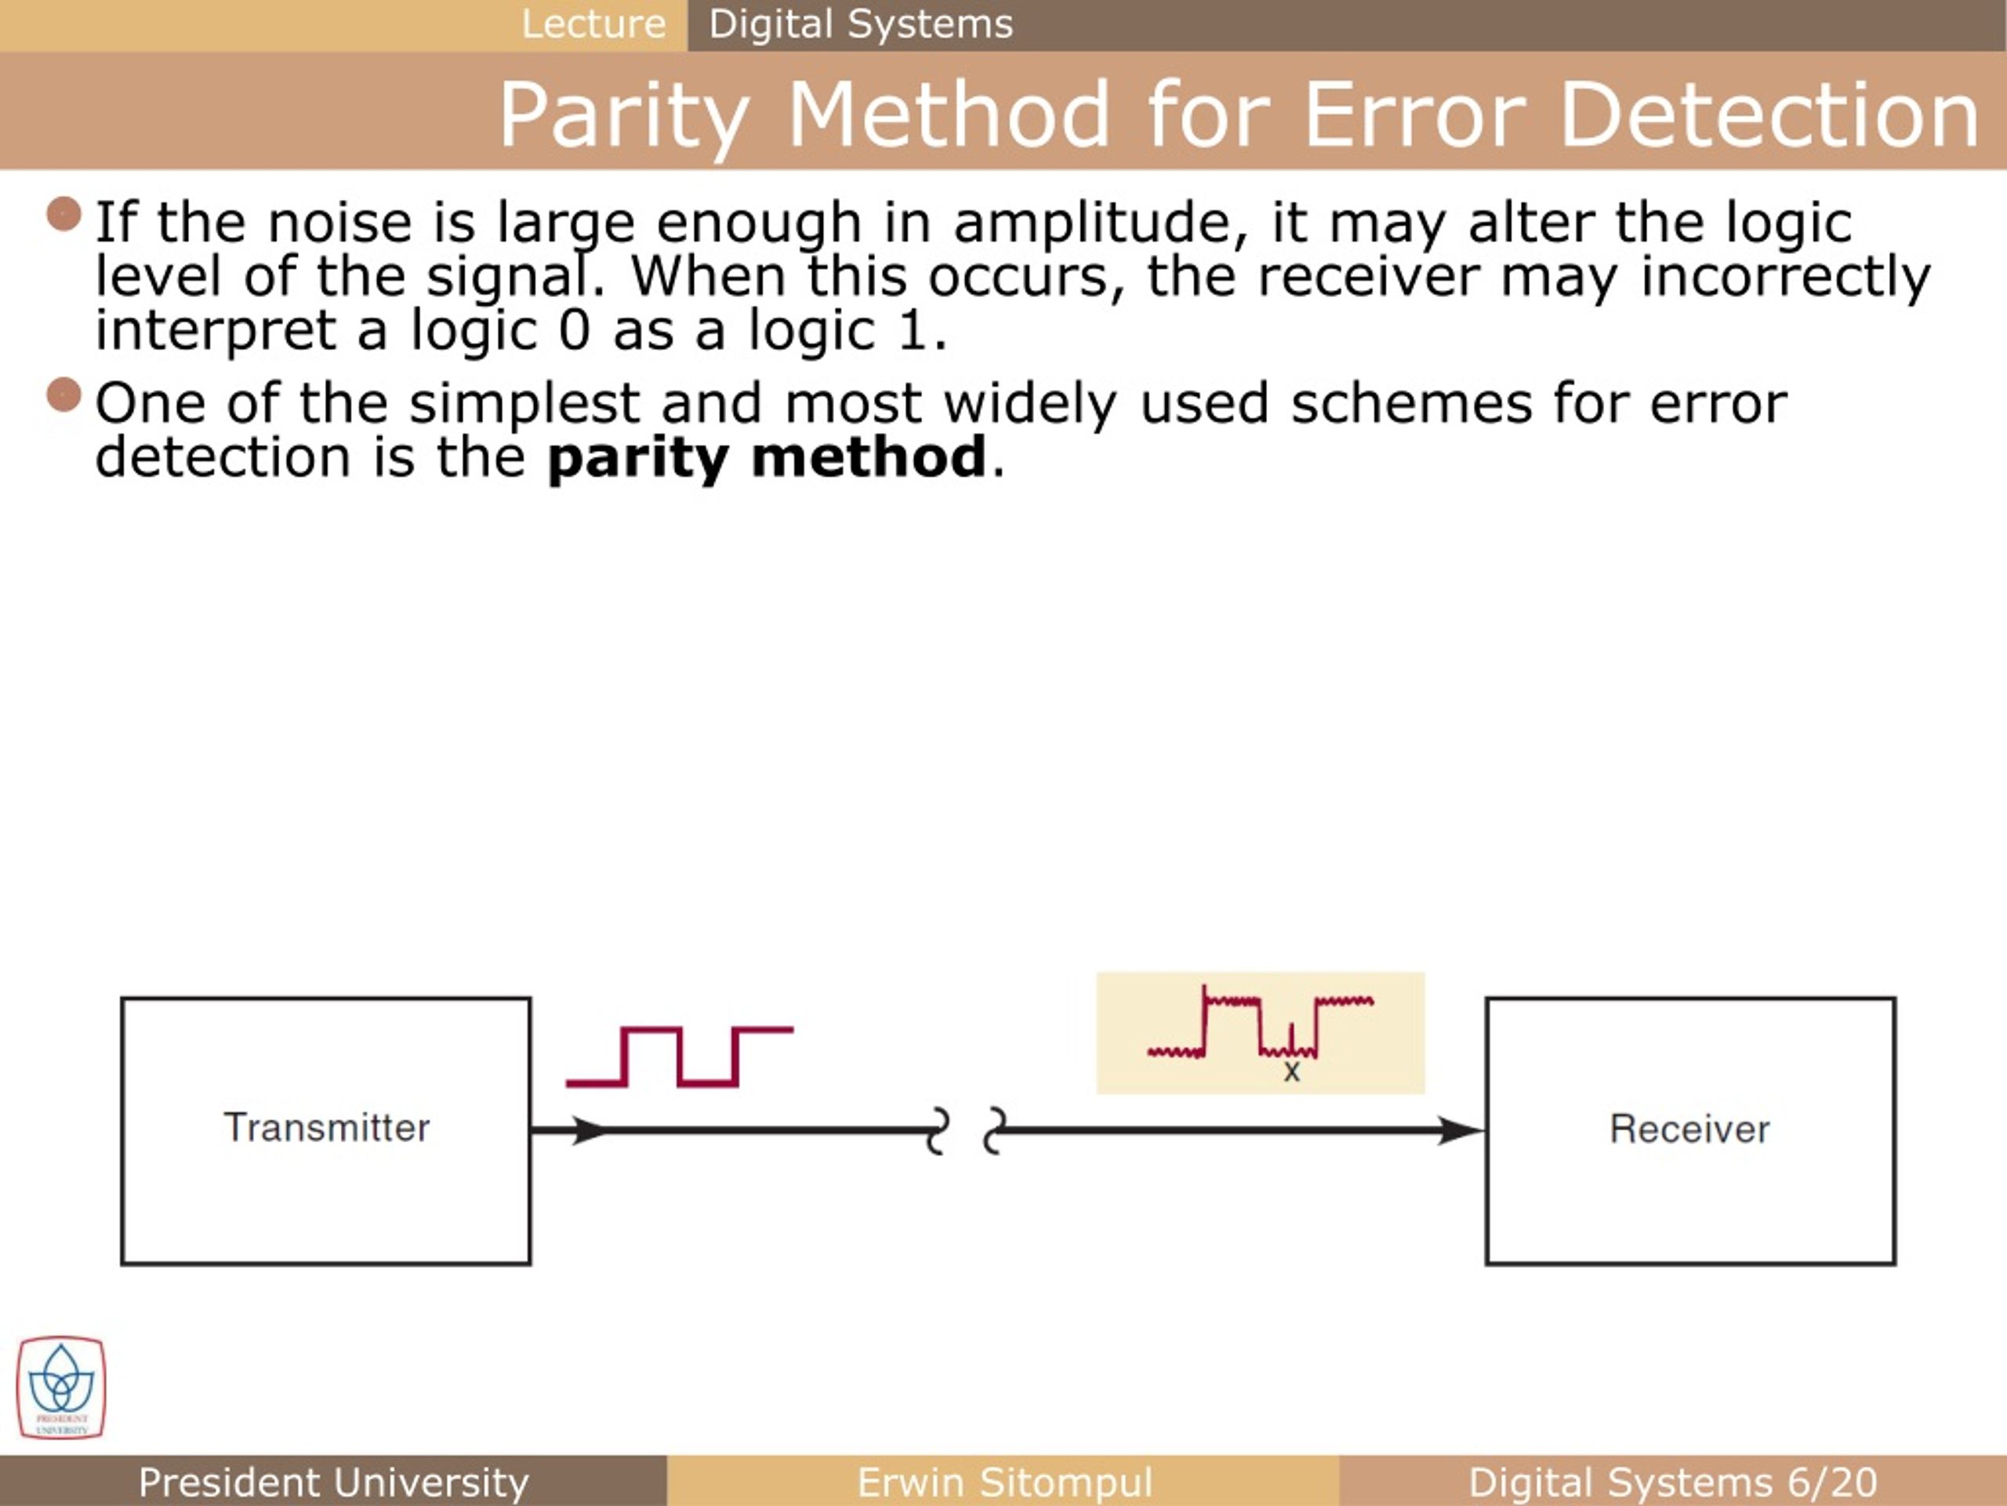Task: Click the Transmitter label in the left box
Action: (x=327, y=1127)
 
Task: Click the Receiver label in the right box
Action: (x=1689, y=1129)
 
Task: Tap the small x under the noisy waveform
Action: (x=1292, y=1073)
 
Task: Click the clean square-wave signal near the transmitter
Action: (x=680, y=1057)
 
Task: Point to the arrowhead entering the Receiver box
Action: (x=1461, y=1130)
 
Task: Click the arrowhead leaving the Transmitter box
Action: (x=588, y=1130)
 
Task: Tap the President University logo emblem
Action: (x=61, y=1386)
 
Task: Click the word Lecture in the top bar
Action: (x=593, y=24)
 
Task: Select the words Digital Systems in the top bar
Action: (x=860, y=24)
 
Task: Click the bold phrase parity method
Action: (x=767, y=457)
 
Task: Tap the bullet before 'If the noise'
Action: (x=64, y=215)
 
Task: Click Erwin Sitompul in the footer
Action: (x=1004, y=1482)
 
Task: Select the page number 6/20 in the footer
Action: (x=1833, y=1482)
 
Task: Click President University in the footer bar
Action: (x=333, y=1482)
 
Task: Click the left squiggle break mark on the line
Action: (x=938, y=1131)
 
